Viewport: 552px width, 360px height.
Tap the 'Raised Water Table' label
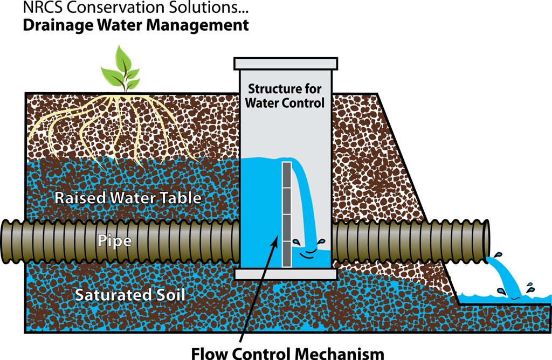click(128, 198)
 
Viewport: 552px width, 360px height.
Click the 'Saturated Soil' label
click(130, 295)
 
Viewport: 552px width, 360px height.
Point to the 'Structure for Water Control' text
click(285, 95)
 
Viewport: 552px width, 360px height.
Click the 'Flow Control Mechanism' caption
click(288, 353)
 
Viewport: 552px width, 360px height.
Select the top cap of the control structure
click(285, 63)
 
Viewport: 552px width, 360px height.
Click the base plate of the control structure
click(286, 274)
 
